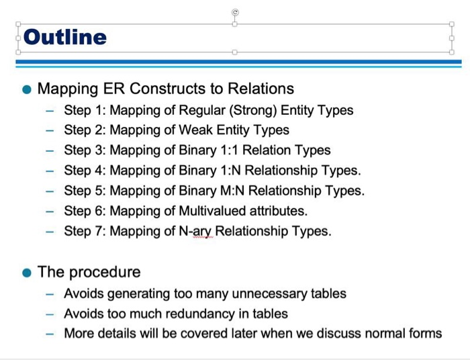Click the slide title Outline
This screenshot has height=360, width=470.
tap(66, 37)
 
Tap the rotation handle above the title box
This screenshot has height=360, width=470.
tap(234, 12)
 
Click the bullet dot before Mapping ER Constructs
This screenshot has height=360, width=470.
tap(26, 89)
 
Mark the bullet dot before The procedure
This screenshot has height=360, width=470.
tap(26, 273)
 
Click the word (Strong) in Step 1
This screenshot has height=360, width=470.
tap(252, 110)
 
